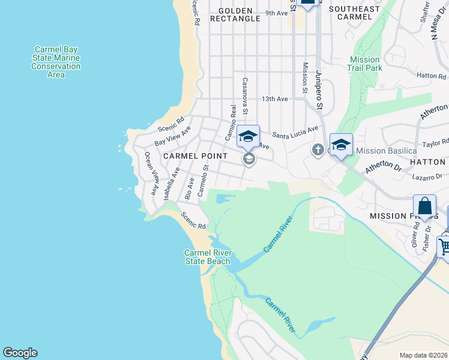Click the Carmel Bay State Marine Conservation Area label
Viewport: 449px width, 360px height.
(56, 62)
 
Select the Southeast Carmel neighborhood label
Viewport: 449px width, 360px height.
(354, 13)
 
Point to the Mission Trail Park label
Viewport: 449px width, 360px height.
(364, 64)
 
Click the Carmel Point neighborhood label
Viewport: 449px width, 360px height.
(195, 156)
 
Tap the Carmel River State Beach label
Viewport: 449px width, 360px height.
(207, 257)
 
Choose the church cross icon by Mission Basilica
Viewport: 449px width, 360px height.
(318, 149)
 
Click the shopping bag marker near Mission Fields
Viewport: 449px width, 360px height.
(424, 206)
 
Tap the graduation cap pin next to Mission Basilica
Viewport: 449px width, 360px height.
(341, 144)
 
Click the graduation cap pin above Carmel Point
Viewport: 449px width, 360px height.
(248, 136)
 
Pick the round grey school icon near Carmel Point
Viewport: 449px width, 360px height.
(249, 159)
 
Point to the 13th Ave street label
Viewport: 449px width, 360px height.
(274, 99)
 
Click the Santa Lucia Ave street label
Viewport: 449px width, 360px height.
(295, 131)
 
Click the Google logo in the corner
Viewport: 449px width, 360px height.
(20, 353)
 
